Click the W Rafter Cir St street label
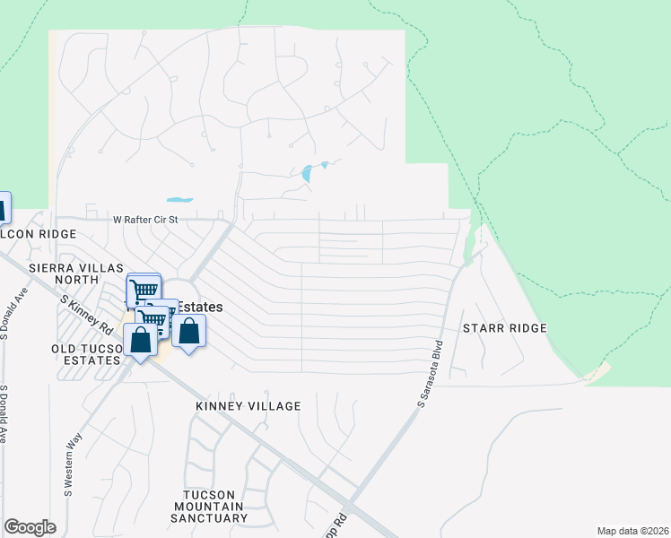[x=146, y=219]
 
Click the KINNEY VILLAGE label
[x=248, y=406]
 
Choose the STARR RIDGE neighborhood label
[x=504, y=328]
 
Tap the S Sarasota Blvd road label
[x=431, y=375]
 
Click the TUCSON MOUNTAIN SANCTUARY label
[x=215, y=507]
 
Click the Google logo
[x=30, y=527]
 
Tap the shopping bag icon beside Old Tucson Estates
[x=140, y=340]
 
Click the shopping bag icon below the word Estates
[x=189, y=331]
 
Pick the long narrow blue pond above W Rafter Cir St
[x=179, y=199]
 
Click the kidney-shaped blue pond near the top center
[x=309, y=172]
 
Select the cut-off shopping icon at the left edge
[x=4, y=208]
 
